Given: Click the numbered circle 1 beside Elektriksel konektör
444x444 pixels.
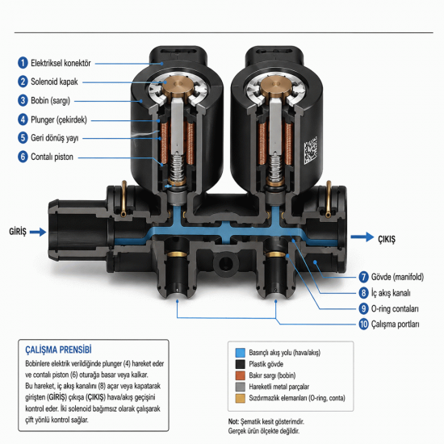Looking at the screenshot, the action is click(x=23, y=63).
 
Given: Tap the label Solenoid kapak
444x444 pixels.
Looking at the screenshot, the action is click(x=54, y=82).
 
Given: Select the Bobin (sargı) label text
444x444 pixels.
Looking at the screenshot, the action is click(x=50, y=101).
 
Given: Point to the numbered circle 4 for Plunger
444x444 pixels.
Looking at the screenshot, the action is click(x=23, y=119).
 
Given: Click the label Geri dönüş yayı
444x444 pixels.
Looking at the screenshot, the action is click(x=54, y=138).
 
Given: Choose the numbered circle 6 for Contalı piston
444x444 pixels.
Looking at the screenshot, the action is click(x=23, y=157).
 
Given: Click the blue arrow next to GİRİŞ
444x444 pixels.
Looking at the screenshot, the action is click(x=38, y=232).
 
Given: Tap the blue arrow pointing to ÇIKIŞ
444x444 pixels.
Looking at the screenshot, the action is click(x=362, y=237).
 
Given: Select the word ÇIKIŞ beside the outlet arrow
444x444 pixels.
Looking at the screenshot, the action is click(x=387, y=239).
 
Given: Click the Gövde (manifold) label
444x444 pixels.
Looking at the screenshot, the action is click(x=397, y=277).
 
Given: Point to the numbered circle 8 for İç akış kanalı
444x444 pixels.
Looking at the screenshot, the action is click(x=363, y=293).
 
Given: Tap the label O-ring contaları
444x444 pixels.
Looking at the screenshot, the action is click(x=395, y=308).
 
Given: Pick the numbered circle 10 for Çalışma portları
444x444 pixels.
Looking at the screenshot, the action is click(x=363, y=325).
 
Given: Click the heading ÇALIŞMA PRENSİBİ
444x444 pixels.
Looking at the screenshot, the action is click(x=58, y=350).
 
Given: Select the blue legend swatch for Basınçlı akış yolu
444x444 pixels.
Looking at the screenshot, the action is click(x=240, y=353).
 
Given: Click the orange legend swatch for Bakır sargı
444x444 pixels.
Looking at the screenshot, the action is click(x=240, y=375).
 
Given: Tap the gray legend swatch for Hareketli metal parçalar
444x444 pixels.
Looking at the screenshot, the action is click(x=240, y=387).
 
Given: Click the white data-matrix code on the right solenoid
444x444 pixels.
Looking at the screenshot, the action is click(x=311, y=150).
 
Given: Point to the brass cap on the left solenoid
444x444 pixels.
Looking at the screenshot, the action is click(x=178, y=86).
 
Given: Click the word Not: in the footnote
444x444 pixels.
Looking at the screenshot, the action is click(x=233, y=421).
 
